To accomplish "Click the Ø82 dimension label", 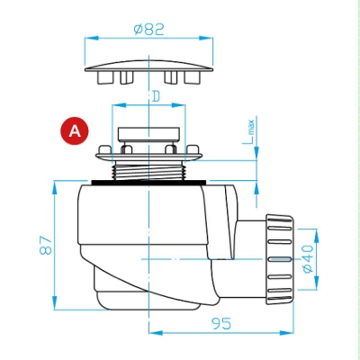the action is (149, 30).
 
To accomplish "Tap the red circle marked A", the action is (75, 130).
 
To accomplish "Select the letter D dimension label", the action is (156, 96).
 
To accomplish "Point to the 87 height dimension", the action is (46, 245).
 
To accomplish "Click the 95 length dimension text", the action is (221, 323).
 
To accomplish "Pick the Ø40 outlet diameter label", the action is (308, 258).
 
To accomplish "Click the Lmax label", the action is (248, 132).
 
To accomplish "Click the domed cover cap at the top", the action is (148, 67).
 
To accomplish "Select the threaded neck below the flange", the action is (148, 170).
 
